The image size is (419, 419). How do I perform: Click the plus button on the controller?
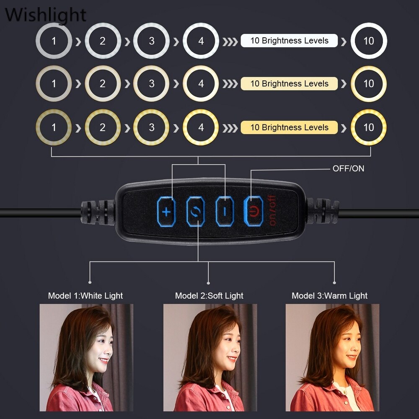167,211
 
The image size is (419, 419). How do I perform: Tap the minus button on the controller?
224,211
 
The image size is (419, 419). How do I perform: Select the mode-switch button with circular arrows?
196,211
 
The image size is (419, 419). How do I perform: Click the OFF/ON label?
348,168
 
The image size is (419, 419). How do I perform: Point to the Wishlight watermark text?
45,15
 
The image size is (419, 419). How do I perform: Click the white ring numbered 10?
368,41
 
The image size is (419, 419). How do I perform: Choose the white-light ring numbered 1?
54,41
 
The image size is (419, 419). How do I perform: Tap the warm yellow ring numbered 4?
201,127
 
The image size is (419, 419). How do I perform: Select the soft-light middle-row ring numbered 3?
152,84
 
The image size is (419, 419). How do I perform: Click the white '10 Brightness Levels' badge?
289,41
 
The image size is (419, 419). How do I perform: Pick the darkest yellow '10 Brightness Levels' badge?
289,127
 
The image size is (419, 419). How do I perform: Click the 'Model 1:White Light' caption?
85,296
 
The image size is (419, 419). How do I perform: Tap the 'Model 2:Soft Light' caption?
209,296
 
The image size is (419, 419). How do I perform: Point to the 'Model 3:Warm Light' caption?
329,296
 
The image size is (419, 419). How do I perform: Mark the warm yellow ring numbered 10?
368,127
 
